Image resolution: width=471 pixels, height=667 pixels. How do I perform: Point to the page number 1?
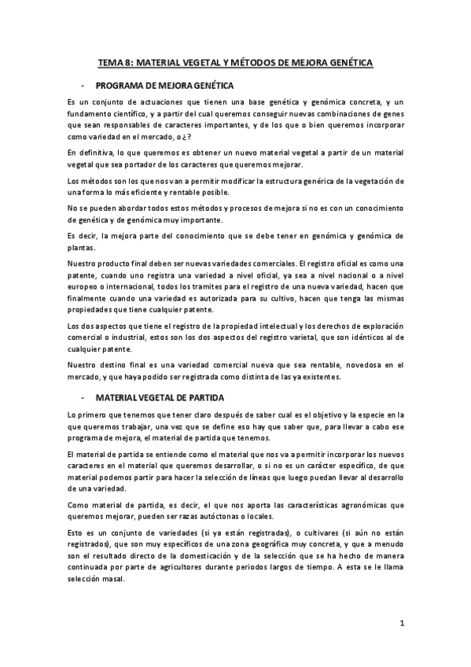(401, 625)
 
